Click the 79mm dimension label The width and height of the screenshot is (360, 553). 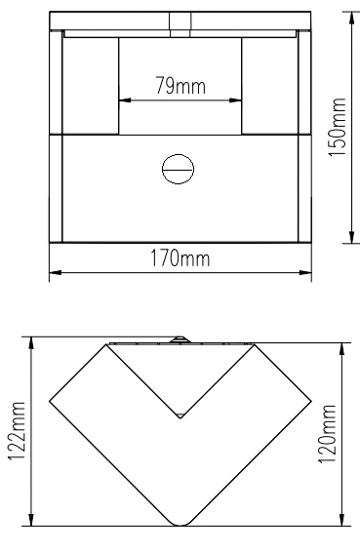pyautogui.click(x=180, y=86)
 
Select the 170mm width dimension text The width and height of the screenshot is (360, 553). pyautogui.click(x=180, y=258)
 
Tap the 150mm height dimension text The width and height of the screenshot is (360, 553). pyautogui.click(x=337, y=127)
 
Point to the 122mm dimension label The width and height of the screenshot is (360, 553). pyautogui.click(x=17, y=431)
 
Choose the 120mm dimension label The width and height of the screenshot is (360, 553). pyautogui.click(x=327, y=434)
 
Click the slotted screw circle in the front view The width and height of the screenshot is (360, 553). pyautogui.click(x=179, y=169)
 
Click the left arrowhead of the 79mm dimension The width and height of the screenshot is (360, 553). pyautogui.click(x=125, y=100)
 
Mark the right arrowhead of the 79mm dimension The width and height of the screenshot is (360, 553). pyautogui.click(x=235, y=100)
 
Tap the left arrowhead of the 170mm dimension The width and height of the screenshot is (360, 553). pyautogui.click(x=56, y=273)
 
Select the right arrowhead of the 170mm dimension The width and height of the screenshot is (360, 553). pyautogui.click(x=305, y=273)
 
